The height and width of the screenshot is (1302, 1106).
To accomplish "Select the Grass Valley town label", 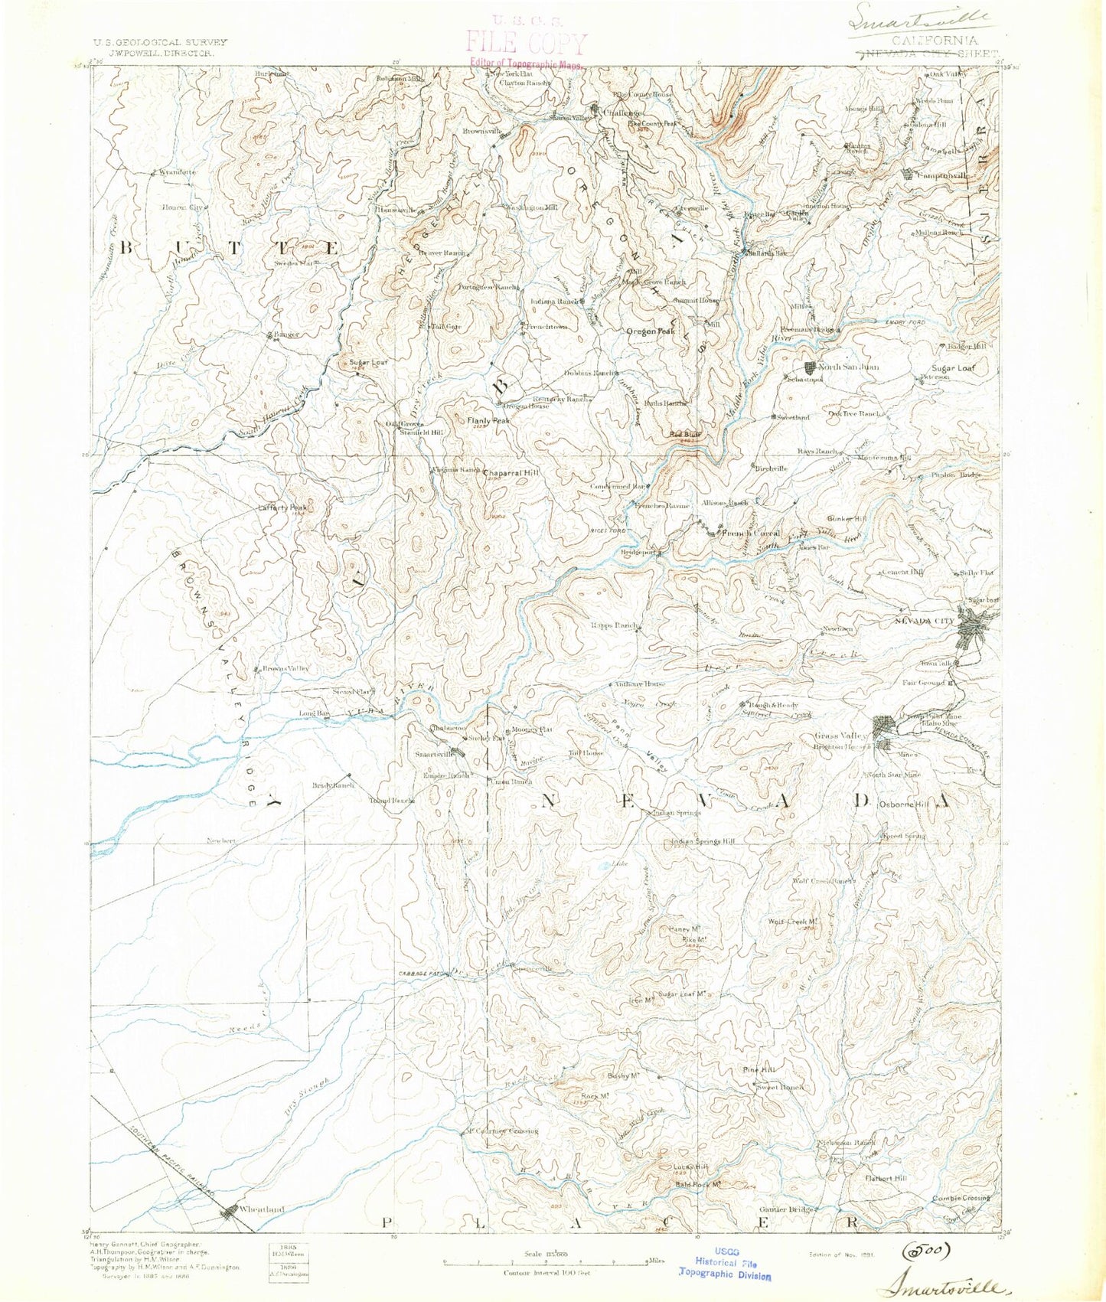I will point(842,736).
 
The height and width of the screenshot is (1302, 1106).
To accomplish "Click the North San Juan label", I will point(849,367).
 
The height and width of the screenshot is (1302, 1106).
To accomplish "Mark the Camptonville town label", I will point(943,175).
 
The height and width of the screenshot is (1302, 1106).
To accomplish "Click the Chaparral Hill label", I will point(511,473).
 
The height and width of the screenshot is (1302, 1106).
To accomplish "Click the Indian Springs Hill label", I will point(703,841).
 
